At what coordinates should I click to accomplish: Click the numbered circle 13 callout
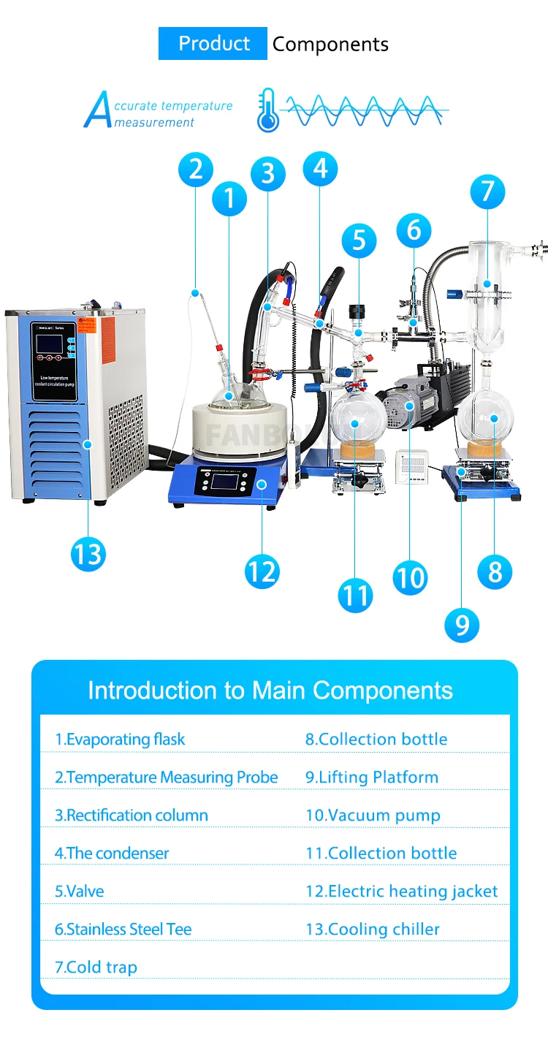click(x=88, y=555)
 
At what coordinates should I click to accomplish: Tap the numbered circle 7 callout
click(x=487, y=192)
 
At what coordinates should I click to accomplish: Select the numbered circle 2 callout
click(x=195, y=170)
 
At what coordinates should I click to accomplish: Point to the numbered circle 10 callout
click(x=409, y=577)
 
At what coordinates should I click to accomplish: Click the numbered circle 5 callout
click(x=359, y=241)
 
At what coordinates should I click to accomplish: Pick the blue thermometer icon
click(x=268, y=110)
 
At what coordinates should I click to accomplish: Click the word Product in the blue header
click(x=214, y=44)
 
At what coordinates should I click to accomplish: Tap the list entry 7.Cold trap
click(x=96, y=967)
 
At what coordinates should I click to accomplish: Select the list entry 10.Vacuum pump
click(x=373, y=815)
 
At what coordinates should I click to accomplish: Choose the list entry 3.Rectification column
click(x=132, y=815)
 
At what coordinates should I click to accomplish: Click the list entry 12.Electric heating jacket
click(x=402, y=891)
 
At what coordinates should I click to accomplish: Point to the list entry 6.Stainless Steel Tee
click(x=123, y=929)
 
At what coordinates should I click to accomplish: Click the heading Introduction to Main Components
click(x=270, y=691)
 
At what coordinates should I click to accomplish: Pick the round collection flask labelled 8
click(x=486, y=420)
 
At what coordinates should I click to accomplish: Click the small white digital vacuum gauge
click(x=410, y=466)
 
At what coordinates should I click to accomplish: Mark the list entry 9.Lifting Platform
click(x=372, y=777)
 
